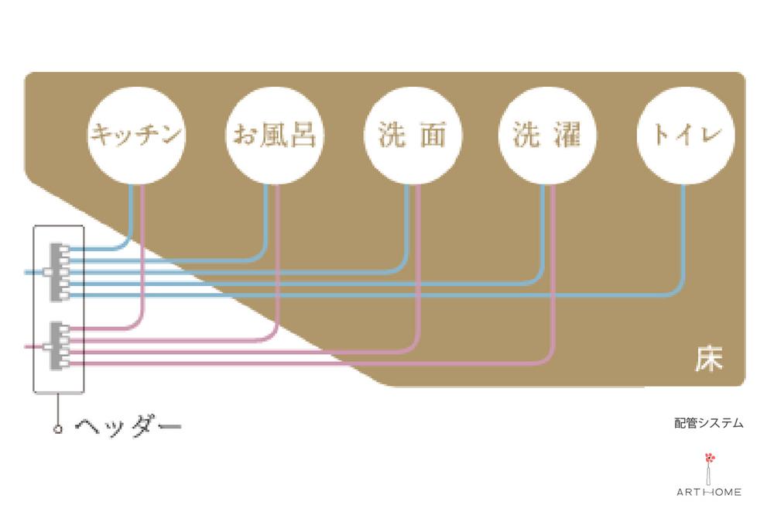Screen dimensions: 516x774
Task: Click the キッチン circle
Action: tap(136, 137)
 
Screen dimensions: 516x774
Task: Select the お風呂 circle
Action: tap(273, 137)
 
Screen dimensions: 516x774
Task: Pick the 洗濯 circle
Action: tap(546, 137)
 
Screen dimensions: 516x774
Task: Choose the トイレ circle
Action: tap(683, 137)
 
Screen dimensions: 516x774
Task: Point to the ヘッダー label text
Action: tap(128, 425)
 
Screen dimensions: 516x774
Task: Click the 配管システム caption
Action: tap(708, 423)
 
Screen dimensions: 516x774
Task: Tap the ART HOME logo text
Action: tap(709, 492)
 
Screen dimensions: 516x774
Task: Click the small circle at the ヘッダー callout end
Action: tap(58, 428)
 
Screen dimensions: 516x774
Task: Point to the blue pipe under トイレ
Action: tap(683, 240)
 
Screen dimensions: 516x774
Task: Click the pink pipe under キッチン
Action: tap(143, 256)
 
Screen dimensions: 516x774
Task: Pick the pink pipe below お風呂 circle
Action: tap(279, 256)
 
